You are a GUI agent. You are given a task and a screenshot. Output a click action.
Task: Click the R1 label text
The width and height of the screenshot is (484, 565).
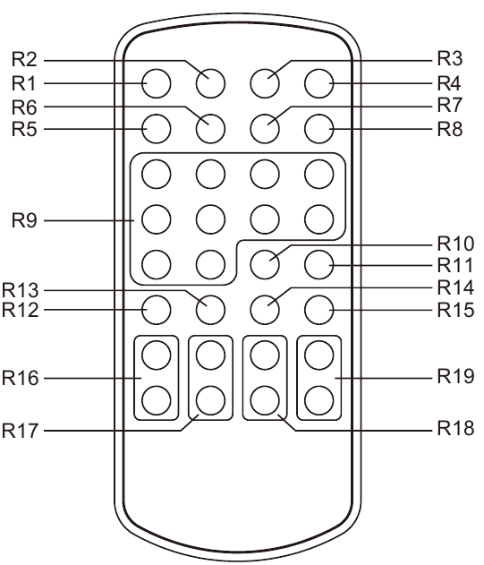coord(24,83)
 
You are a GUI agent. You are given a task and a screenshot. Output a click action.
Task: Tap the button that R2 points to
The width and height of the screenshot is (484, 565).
coord(210,83)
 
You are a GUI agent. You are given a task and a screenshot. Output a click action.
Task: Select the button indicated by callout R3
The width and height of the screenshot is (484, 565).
coord(265,83)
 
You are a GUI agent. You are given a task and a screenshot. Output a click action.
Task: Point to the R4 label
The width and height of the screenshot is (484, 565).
coord(449,83)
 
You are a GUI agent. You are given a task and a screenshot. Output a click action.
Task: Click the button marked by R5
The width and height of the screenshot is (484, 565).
coord(157,129)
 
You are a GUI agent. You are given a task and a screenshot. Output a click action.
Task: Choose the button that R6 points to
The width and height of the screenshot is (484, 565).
coord(210,129)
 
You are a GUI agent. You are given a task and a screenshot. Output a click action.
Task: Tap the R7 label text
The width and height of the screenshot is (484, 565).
coord(450,105)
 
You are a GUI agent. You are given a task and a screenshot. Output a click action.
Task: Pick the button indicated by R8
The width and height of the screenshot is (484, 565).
coord(319,129)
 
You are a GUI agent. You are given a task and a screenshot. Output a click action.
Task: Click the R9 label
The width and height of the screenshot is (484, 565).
coord(24,220)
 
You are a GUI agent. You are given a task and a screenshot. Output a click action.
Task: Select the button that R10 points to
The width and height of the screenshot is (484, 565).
coord(265,264)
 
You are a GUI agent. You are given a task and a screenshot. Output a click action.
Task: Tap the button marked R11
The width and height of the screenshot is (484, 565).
coord(319,264)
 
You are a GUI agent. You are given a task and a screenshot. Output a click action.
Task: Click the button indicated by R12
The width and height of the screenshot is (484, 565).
coord(157,310)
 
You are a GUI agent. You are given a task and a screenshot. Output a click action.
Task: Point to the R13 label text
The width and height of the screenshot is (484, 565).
coord(21,290)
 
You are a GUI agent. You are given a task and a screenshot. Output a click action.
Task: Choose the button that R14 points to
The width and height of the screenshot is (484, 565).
coord(265,310)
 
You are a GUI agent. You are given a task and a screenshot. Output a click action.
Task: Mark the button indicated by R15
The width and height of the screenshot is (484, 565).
coord(319,310)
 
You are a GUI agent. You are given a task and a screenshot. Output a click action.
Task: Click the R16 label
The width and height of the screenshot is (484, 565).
coord(21,378)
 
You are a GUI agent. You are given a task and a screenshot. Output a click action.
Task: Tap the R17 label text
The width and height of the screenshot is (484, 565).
coord(21,430)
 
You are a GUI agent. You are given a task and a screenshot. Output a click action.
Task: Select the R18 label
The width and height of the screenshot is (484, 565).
coord(455,428)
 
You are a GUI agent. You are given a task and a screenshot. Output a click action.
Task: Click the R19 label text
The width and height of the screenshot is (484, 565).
coord(455,377)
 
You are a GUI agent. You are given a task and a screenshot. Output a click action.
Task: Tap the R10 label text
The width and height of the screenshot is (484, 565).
coord(455,244)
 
